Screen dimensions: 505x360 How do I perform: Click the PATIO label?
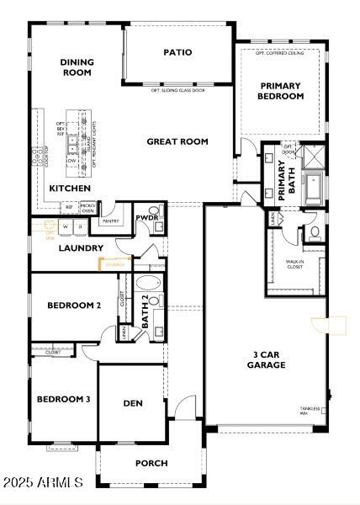click(177, 52)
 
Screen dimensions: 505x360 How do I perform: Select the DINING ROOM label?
click(77, 67)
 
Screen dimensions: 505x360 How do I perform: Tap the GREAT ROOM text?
click(177, 141)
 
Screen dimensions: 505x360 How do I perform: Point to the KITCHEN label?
click(69, 189)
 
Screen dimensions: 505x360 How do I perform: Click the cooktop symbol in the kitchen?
click(37, 156)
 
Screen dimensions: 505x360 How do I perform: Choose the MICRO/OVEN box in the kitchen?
click(87, 207)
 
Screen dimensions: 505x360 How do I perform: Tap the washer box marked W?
click(66, 226)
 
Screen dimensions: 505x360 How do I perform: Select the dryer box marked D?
click(79, 226)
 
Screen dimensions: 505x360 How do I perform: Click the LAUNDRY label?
click(80, 248)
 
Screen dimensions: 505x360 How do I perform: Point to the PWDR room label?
click(147, 217)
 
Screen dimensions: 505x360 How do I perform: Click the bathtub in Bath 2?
click(150, 284)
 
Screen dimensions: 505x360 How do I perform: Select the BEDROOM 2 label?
click(74, 306)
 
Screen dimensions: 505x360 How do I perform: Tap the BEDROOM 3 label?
click(63, 399)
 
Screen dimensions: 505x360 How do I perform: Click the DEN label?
click(133, 403)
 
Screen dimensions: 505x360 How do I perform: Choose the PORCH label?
click(151, 463)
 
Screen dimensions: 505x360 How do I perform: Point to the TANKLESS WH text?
click(310, 411)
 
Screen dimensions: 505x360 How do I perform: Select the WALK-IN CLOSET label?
click(294, 264)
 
